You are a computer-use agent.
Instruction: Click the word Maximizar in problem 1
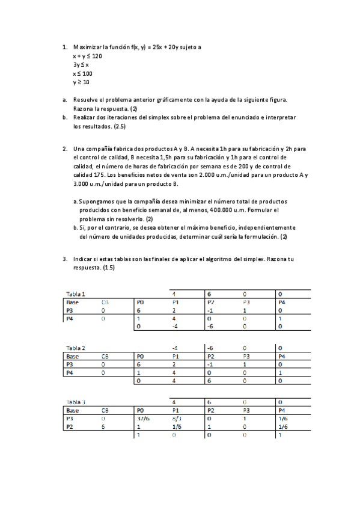[87, 46]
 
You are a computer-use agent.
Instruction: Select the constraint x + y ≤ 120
[88, 55]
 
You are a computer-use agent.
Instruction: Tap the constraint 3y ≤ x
[81, 64]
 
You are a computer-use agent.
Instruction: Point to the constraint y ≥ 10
[81, 82]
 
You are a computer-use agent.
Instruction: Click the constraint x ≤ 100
[82, 73]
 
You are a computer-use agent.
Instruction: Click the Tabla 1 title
[76, 293]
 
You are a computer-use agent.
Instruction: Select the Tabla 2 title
[76, 348]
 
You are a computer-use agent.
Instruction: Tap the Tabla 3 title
[76, 401]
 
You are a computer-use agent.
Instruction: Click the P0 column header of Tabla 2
[141, 356]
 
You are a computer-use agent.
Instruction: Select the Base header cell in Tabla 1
[73, 302]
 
